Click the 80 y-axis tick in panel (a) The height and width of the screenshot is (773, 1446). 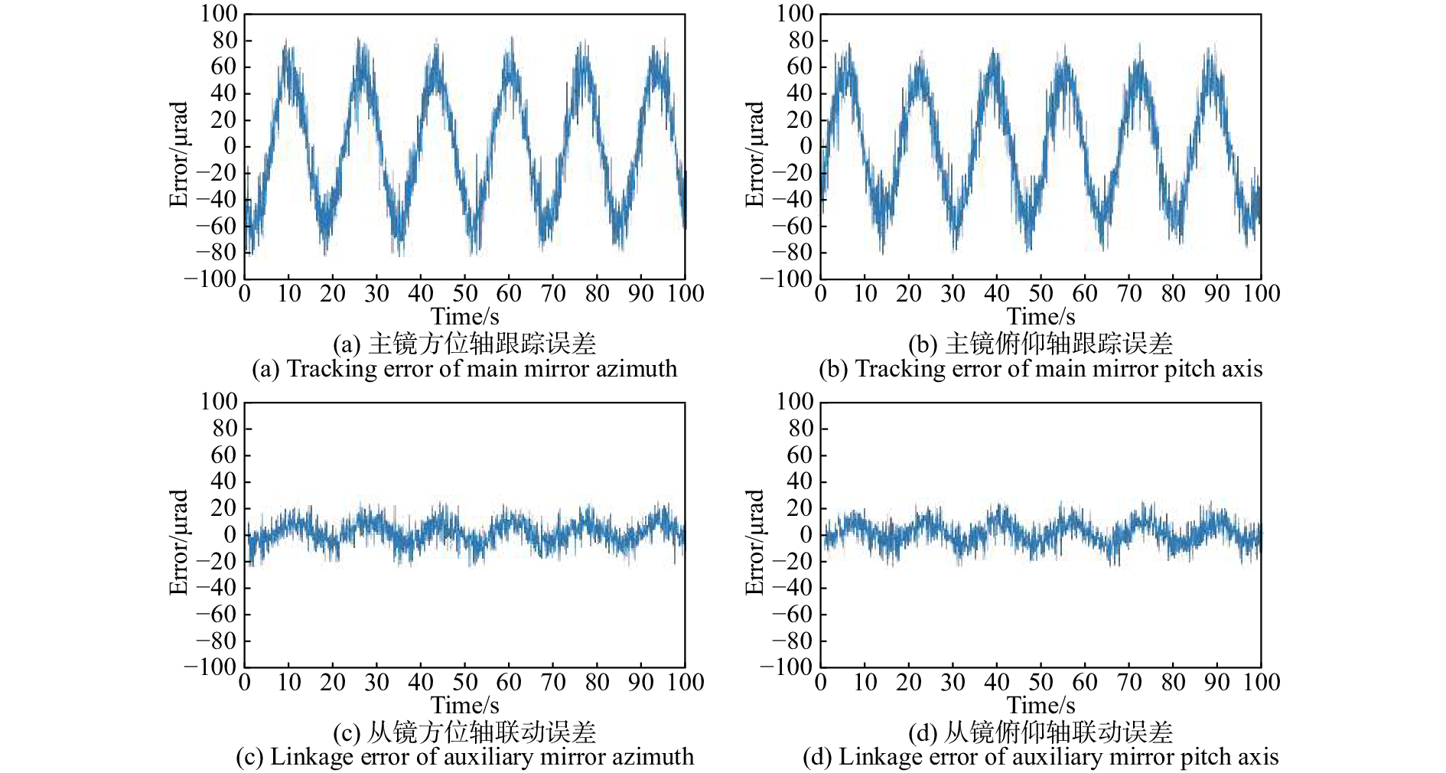(x=225, y=41)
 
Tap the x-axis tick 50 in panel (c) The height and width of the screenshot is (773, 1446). (x=465, y=682)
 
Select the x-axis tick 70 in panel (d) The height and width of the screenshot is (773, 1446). (x=1129, y=682)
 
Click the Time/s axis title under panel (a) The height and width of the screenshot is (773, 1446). (x=464, y=317)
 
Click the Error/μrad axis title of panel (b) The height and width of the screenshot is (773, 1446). (x=754, y=154)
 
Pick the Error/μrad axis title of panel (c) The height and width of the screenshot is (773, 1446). (x=178, y=542)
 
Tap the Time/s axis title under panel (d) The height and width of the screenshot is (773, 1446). (x=1041, y=705)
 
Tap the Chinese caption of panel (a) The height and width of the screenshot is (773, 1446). (x=464, y=344)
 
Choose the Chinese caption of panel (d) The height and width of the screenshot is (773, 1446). (x=1041, y=732)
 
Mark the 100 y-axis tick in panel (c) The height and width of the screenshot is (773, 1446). (x=219, y=402)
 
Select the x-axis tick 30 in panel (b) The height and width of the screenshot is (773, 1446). (x=953, y=294)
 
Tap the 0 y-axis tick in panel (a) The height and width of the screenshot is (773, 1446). (x=230, y=146)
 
